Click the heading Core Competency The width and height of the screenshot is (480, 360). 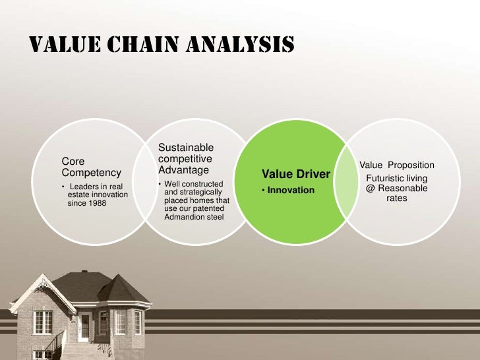coord(91,167)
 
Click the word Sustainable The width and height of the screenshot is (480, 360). coord(186,147)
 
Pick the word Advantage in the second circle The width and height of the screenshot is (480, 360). coord(183,170)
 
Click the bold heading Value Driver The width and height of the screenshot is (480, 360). coord(295,175)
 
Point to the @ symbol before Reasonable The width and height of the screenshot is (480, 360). coord(371,188)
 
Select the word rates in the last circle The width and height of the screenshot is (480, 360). coord(397,198)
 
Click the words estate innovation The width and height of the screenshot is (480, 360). coord(98,195)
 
